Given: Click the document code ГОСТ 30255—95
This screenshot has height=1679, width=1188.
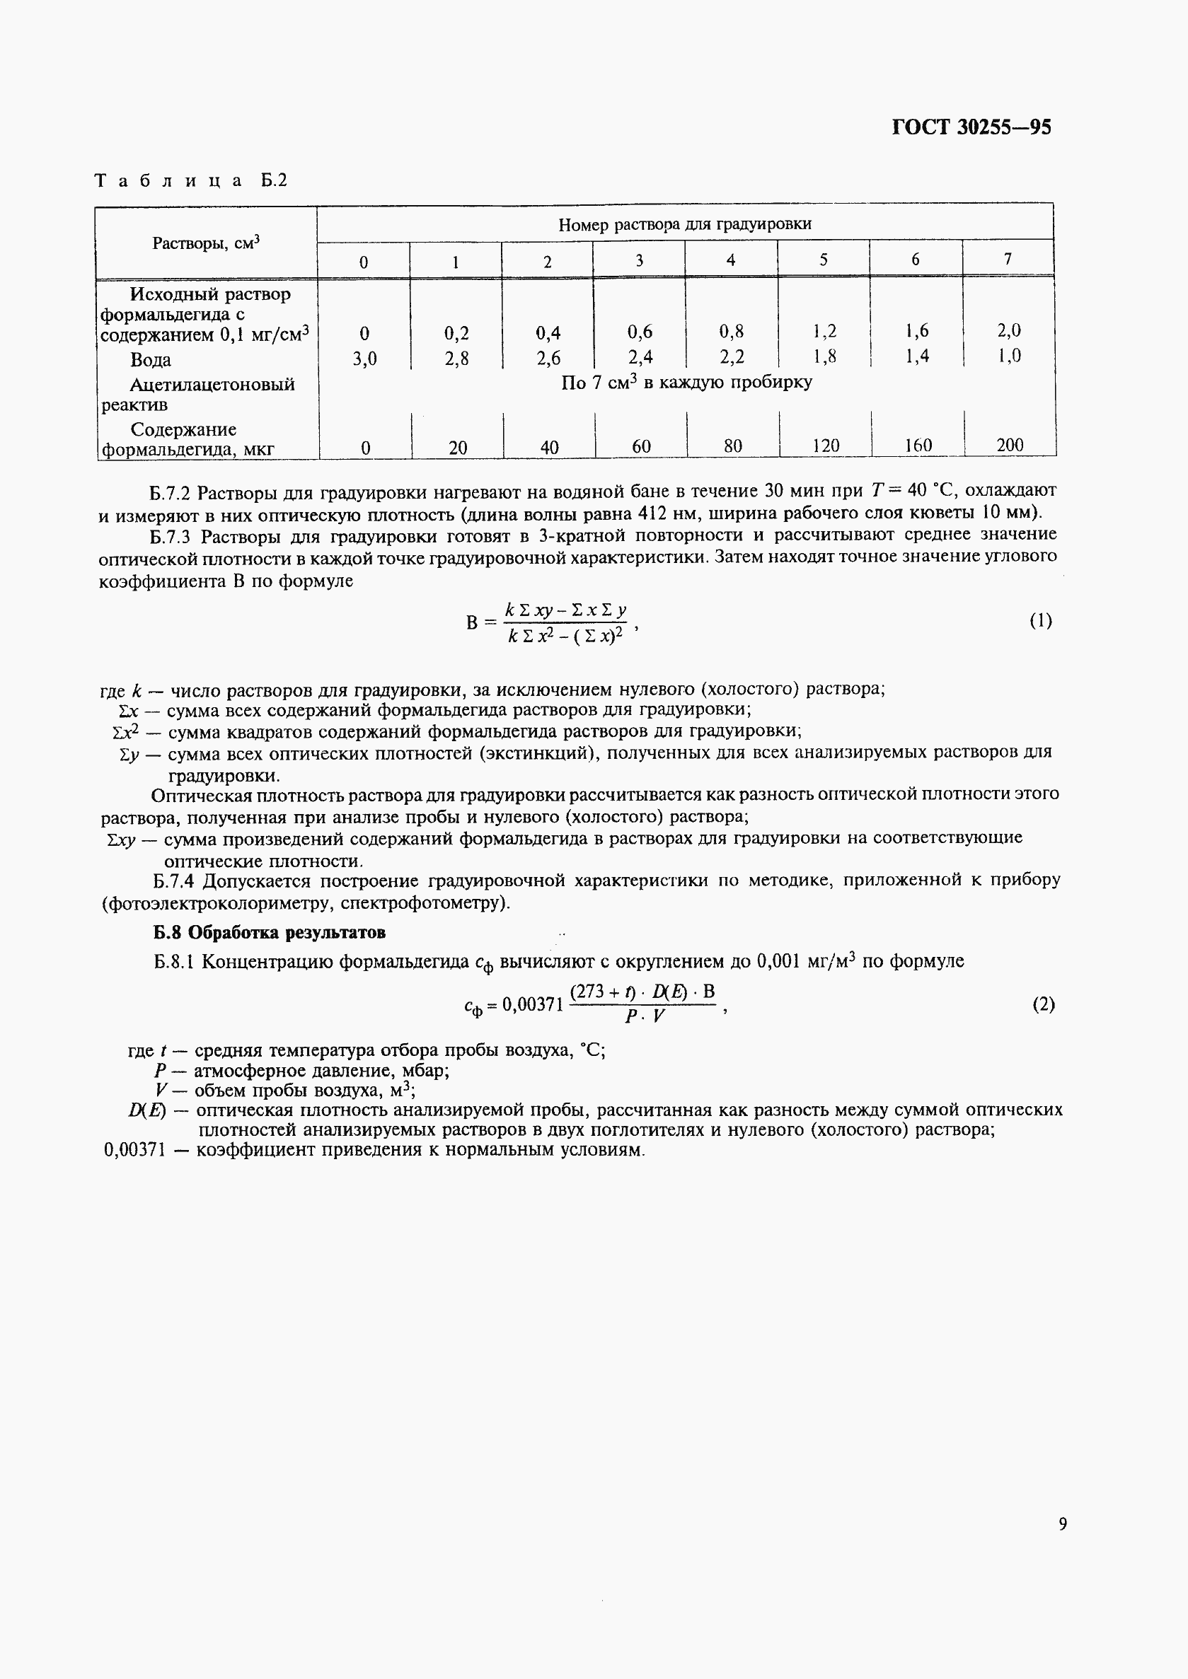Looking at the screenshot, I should click(x=971, y=128).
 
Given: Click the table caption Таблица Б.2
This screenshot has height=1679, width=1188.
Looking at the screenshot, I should click(x=191, y=180).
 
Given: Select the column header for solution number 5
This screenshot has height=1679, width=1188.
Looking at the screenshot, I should click(x=823, y=260).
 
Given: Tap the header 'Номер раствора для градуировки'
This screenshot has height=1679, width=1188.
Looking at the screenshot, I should click(x=684, y=224).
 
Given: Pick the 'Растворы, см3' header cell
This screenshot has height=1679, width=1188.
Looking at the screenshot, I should click(x=207, y=243).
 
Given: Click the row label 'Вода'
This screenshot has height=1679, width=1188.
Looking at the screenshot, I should click(x=151, y=360).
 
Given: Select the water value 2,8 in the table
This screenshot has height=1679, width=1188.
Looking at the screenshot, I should click(x=456, y=359).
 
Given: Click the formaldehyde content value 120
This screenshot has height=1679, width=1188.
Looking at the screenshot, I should click(x=825, y=446).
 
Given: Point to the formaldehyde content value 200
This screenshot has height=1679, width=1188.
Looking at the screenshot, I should click(x=1010, y=445).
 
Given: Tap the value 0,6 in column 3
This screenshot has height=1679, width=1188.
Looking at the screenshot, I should click(x=640, y=332).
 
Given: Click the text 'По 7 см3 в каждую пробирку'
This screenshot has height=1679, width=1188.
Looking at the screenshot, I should click(x=686, y=383).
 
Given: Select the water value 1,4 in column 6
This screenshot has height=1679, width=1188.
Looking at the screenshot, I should click(x=916, y=356).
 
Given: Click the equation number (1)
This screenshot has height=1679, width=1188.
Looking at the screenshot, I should click(x=1040, y=621).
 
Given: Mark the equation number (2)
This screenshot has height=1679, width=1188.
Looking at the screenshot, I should click(x=1043, y=1004).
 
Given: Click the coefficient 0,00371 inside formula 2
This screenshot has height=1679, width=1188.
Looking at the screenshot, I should click(x=533, y=1005).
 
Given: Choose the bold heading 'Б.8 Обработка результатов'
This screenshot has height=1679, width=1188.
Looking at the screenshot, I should click(x=269, y=932).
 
